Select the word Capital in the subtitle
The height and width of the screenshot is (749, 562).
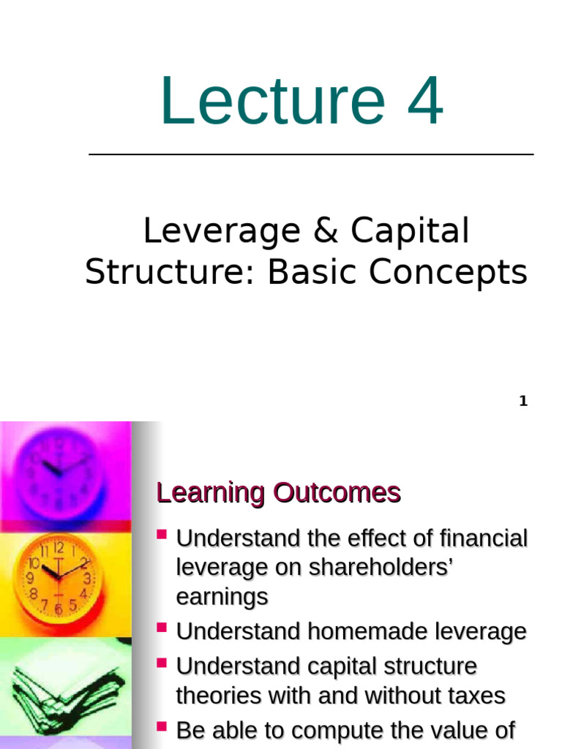(410, 232)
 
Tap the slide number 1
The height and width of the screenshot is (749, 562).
(523, 401)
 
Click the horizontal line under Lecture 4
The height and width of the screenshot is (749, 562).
(311, 154)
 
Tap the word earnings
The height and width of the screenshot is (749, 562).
(222, 597)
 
